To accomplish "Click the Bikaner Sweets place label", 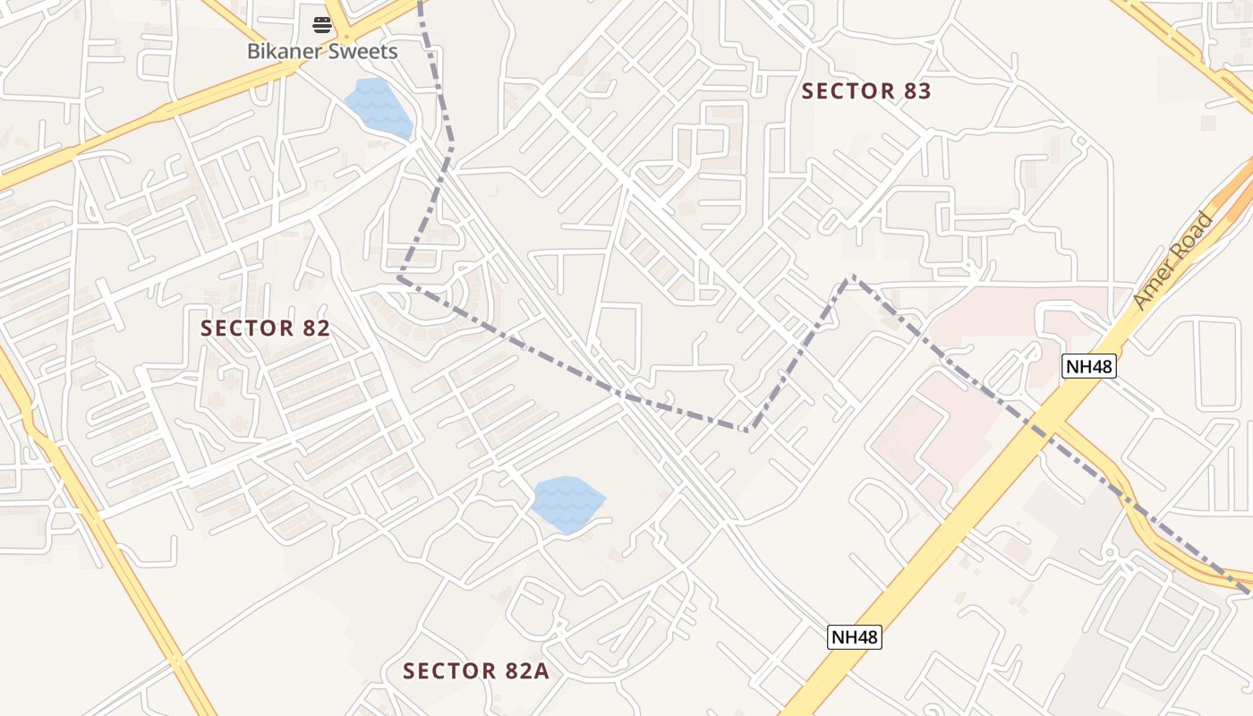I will (x=322, y=51).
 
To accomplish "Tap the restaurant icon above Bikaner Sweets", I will (x=322, y=24).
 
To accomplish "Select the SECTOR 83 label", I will (x=865, y=91).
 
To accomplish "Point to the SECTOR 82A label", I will (x=475, y=671).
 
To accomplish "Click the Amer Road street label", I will (x=1172, y=260).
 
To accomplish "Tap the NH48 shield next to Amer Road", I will (x=1089, y=365).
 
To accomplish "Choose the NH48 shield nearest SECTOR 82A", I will (x=854, y=637).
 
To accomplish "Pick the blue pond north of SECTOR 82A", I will (x=567, y=505).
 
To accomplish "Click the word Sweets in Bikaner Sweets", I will (x=362, y=51).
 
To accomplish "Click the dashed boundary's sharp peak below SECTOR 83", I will (x=851, y=277).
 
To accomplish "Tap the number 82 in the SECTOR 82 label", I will (x=316, y=328).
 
